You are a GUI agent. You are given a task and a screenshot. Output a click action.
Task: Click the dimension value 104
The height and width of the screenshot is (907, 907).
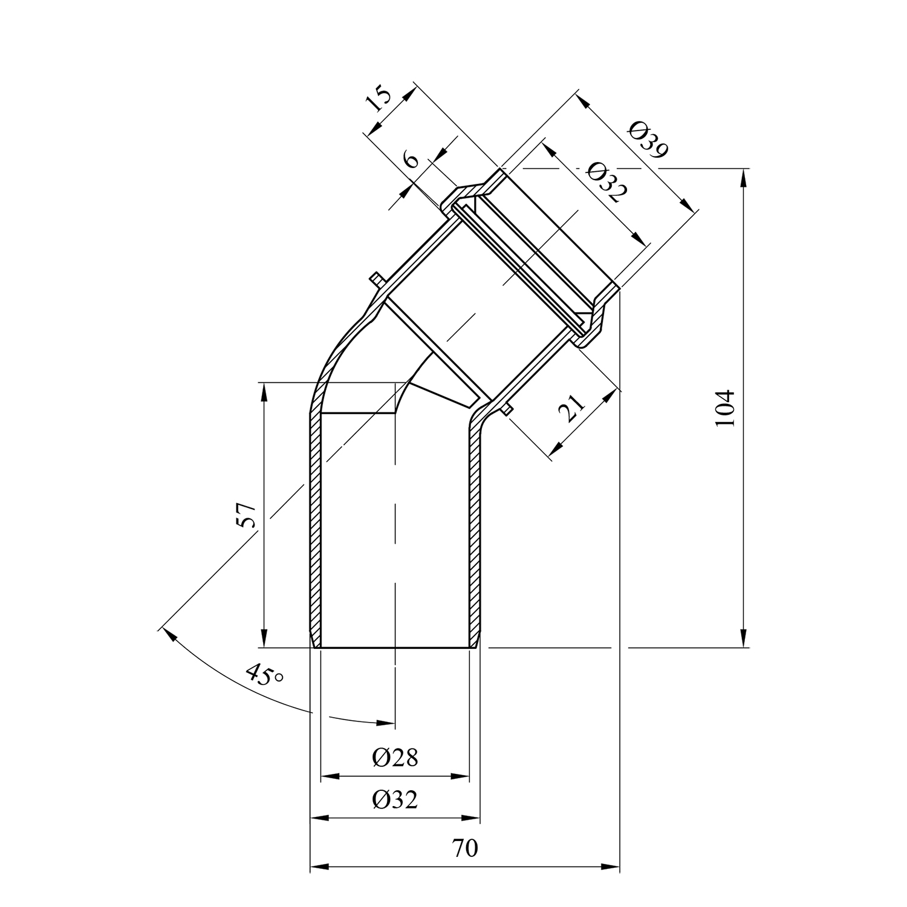(x=724, y=408)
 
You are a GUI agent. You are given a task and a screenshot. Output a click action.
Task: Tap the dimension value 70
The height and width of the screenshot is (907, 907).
(x=465, y=848)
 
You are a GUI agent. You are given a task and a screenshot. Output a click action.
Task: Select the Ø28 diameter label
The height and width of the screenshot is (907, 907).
(x=395, y=757)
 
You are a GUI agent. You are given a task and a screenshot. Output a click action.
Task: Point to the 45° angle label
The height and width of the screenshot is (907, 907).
(x=265, y=674)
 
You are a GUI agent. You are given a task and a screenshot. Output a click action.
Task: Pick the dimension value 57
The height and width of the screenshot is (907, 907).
(x=247, y=515)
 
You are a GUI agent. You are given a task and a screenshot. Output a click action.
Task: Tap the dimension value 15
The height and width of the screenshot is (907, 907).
(x=380, y=100)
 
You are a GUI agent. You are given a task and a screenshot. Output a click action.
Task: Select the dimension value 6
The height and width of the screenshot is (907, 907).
(x=411, y=160)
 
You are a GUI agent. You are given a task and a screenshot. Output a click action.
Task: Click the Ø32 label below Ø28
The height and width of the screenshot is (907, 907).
(x=395, y=800)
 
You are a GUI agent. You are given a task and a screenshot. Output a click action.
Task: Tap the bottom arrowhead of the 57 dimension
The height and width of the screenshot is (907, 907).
(x=264, y=639)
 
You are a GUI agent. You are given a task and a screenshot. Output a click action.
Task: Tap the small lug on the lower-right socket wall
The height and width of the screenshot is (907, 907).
(x=507, y=410)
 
